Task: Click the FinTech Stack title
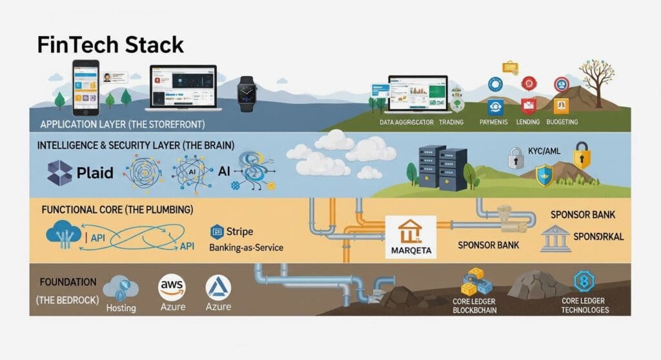point(110,45)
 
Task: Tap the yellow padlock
point(582,156)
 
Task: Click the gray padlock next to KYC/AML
point(515,157)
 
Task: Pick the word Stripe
point(239,232)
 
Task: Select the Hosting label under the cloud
point(121,308)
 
